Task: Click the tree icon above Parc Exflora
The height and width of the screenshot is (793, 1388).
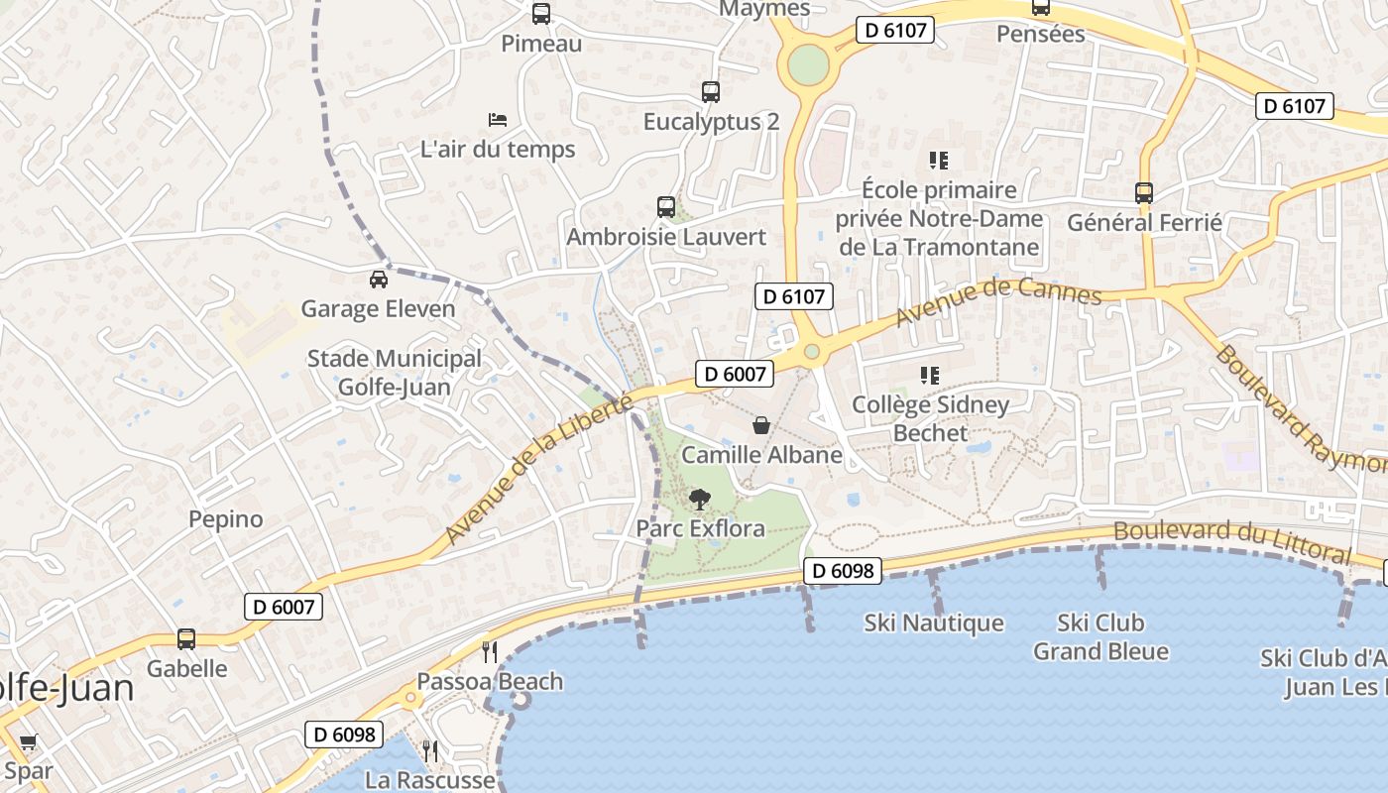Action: [x=700, y=499]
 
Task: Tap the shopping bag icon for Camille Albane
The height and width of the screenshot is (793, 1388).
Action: [x=760, y=425]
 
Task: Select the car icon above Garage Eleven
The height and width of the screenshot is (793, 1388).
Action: [x=378, y=279]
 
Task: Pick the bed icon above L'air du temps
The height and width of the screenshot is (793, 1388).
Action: [x=498, y=120]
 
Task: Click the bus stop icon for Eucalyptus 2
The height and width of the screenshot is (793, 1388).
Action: [x=711, y=92]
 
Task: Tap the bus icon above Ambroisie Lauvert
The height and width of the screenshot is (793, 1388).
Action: [x=666, y=207]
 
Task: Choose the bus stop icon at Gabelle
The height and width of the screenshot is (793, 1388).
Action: [x=186, y=639]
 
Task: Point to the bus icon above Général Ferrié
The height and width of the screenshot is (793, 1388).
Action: [x=1144, y=193]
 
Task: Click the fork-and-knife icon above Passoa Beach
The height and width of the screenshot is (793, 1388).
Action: [x=489, y=651]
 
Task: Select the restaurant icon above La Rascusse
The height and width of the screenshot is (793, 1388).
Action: [x=429, y=750]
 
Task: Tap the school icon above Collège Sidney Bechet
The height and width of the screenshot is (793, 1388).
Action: [x=930, y=375]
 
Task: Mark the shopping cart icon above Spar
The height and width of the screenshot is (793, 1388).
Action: [x=28, y=742]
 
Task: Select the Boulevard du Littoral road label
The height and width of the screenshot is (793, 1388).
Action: [x=1232, y=540]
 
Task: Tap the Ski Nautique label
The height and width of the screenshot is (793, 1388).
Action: [x=934, y=623]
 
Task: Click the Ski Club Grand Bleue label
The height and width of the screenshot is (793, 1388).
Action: [x=1100, y=637]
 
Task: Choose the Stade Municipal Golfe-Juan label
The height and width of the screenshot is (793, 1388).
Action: [x=395, y=373]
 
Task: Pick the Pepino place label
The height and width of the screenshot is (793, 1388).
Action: [x=226, y=518]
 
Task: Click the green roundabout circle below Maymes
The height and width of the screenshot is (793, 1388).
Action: [x=808, y=65]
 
